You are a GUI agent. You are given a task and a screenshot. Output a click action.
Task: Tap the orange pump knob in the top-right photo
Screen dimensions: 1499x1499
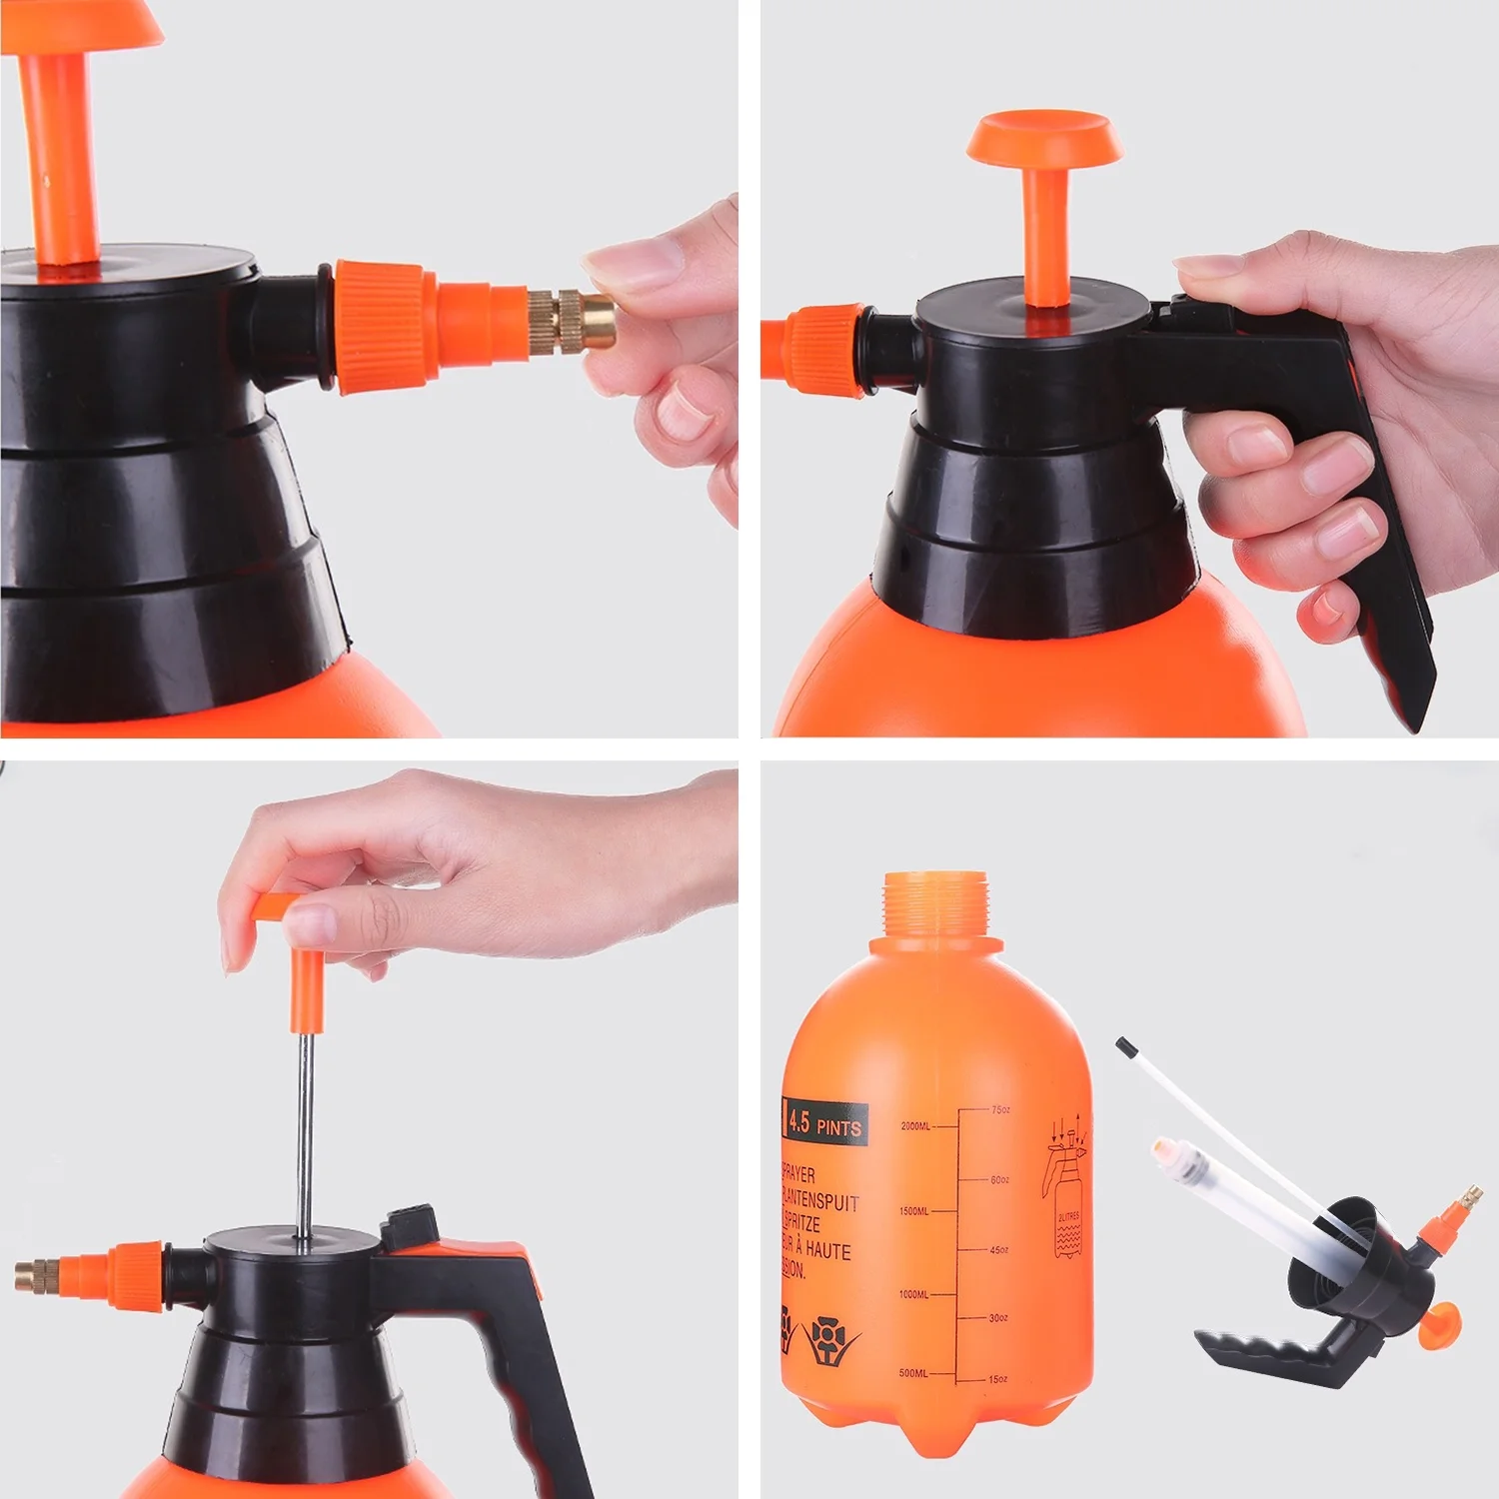click(x=1044, y=139)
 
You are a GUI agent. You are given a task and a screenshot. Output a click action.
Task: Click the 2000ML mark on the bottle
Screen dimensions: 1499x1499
click(x=915, y=1126)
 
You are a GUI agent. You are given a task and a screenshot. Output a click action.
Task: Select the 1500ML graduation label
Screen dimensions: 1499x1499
click(x=913, y=1211)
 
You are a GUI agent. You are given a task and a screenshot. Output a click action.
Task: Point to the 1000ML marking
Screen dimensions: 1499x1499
click(x=913, y=1294)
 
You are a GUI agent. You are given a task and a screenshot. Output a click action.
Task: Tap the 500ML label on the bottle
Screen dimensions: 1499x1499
click(x=913, y=1373)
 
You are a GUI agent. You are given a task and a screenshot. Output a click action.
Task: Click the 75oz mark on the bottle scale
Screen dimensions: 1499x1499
click(x=1000, y=1109)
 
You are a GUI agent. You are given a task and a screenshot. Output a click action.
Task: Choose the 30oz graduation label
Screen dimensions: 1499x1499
click(x=998, y=1318)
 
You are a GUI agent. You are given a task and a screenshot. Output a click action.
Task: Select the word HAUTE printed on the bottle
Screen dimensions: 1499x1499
click(x=828, y=1250)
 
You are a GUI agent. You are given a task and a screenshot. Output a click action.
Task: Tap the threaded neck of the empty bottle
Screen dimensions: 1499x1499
click(x=935, y=904)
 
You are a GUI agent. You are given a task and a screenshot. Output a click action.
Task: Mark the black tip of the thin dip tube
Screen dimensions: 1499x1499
click(x=1126, y=1047)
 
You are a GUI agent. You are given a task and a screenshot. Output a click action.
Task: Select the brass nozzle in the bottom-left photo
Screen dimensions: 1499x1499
click(x=37, y=1275)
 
